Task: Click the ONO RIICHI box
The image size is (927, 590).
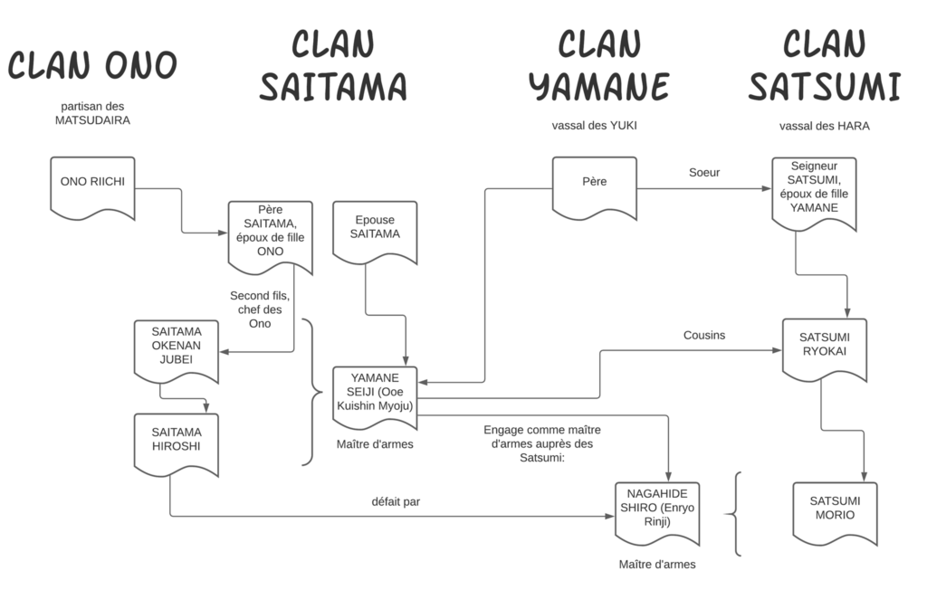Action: tap(92, 186)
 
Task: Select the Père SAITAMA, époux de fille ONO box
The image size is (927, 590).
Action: tap(270, 234)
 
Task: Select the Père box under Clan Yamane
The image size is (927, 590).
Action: tap(595, 186)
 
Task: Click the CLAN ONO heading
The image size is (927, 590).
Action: tap(92, 65)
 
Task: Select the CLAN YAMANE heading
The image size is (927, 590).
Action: tap(598, 65)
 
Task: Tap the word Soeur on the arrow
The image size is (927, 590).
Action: tap(703, 172)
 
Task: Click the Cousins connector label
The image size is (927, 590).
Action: tap(703, 335)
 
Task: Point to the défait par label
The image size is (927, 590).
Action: tap(396, 500)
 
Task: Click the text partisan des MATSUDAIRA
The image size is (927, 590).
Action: tap(92, 112)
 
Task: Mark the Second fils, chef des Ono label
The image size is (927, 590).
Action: tap(259, 309)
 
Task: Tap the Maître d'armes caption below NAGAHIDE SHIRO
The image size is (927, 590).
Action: tap(657, 565)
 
